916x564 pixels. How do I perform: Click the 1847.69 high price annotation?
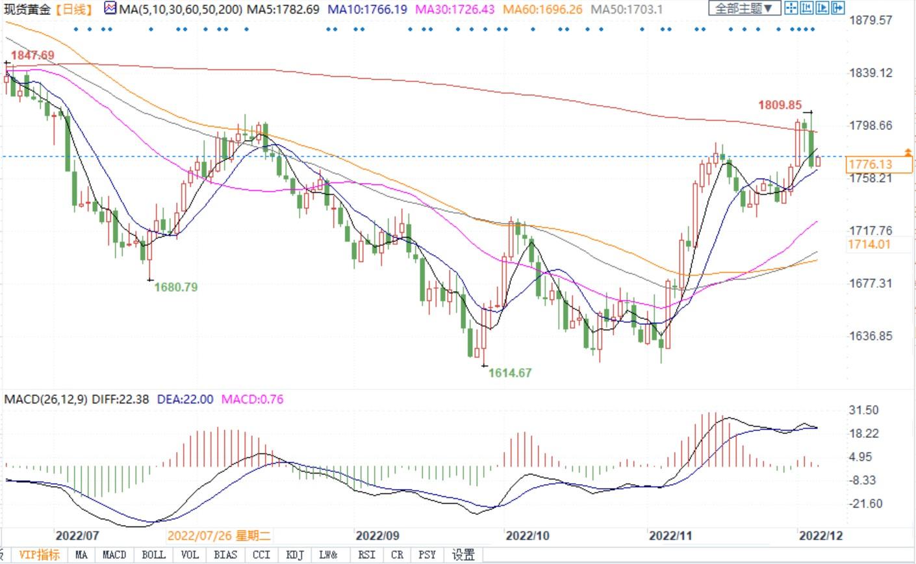coord(32,55)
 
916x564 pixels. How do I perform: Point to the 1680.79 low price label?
coord(175,287)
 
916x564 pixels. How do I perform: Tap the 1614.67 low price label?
coord(510,372)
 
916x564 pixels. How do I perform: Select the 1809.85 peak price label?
coord(780,105)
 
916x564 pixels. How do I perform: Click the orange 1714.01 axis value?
coord(869,244)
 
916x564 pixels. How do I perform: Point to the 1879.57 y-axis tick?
coord(871,20)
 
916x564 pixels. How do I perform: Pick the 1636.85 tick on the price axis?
coord(871,336)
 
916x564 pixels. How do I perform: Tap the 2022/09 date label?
coord(377,535)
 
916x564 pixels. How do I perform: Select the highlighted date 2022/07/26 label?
coord(218,535)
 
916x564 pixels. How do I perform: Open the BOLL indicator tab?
coord(153,555)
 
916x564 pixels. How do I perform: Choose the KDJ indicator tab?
coord(295,555)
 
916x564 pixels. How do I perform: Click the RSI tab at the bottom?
coord(366,555)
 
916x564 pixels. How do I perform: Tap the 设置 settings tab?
coord(463,555)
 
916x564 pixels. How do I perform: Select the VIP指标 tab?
coord(39,555)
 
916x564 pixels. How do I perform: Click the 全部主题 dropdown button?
coord(744,8)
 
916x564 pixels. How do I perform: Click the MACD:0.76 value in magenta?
coord(253,399)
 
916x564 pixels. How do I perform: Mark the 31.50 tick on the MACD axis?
coord(864,410)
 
